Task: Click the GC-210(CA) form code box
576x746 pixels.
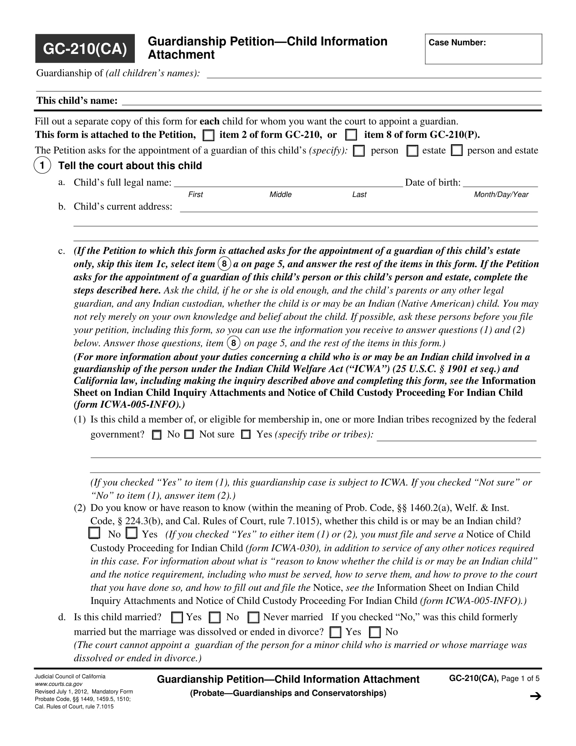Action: tap(85, 48)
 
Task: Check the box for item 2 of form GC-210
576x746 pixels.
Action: tap(208, 136)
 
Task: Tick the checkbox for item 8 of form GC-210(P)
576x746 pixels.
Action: tap(351, 135)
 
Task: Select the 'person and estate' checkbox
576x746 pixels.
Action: tap(457, 151)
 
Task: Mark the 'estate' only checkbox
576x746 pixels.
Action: tap(412, 151)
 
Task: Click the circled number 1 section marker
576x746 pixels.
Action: tap(42, 165)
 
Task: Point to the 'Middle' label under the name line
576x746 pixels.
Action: tap(281, 194)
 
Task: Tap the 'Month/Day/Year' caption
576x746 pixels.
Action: tap(501, 194)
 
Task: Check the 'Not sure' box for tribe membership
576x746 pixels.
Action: tap(189, 434)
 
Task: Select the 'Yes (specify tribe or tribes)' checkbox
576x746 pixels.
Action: tap(246, 434)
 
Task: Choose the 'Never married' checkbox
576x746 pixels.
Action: tap(253, 617)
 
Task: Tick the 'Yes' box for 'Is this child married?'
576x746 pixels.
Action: tap(177, 617)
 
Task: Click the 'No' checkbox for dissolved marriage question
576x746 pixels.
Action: tap(375, 632)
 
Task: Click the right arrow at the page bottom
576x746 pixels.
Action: tap(536, 696)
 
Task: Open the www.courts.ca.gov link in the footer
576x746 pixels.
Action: tap(59, 684)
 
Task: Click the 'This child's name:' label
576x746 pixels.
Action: tap(77, 101)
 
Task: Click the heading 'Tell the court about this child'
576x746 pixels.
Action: tap(130, 166)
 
